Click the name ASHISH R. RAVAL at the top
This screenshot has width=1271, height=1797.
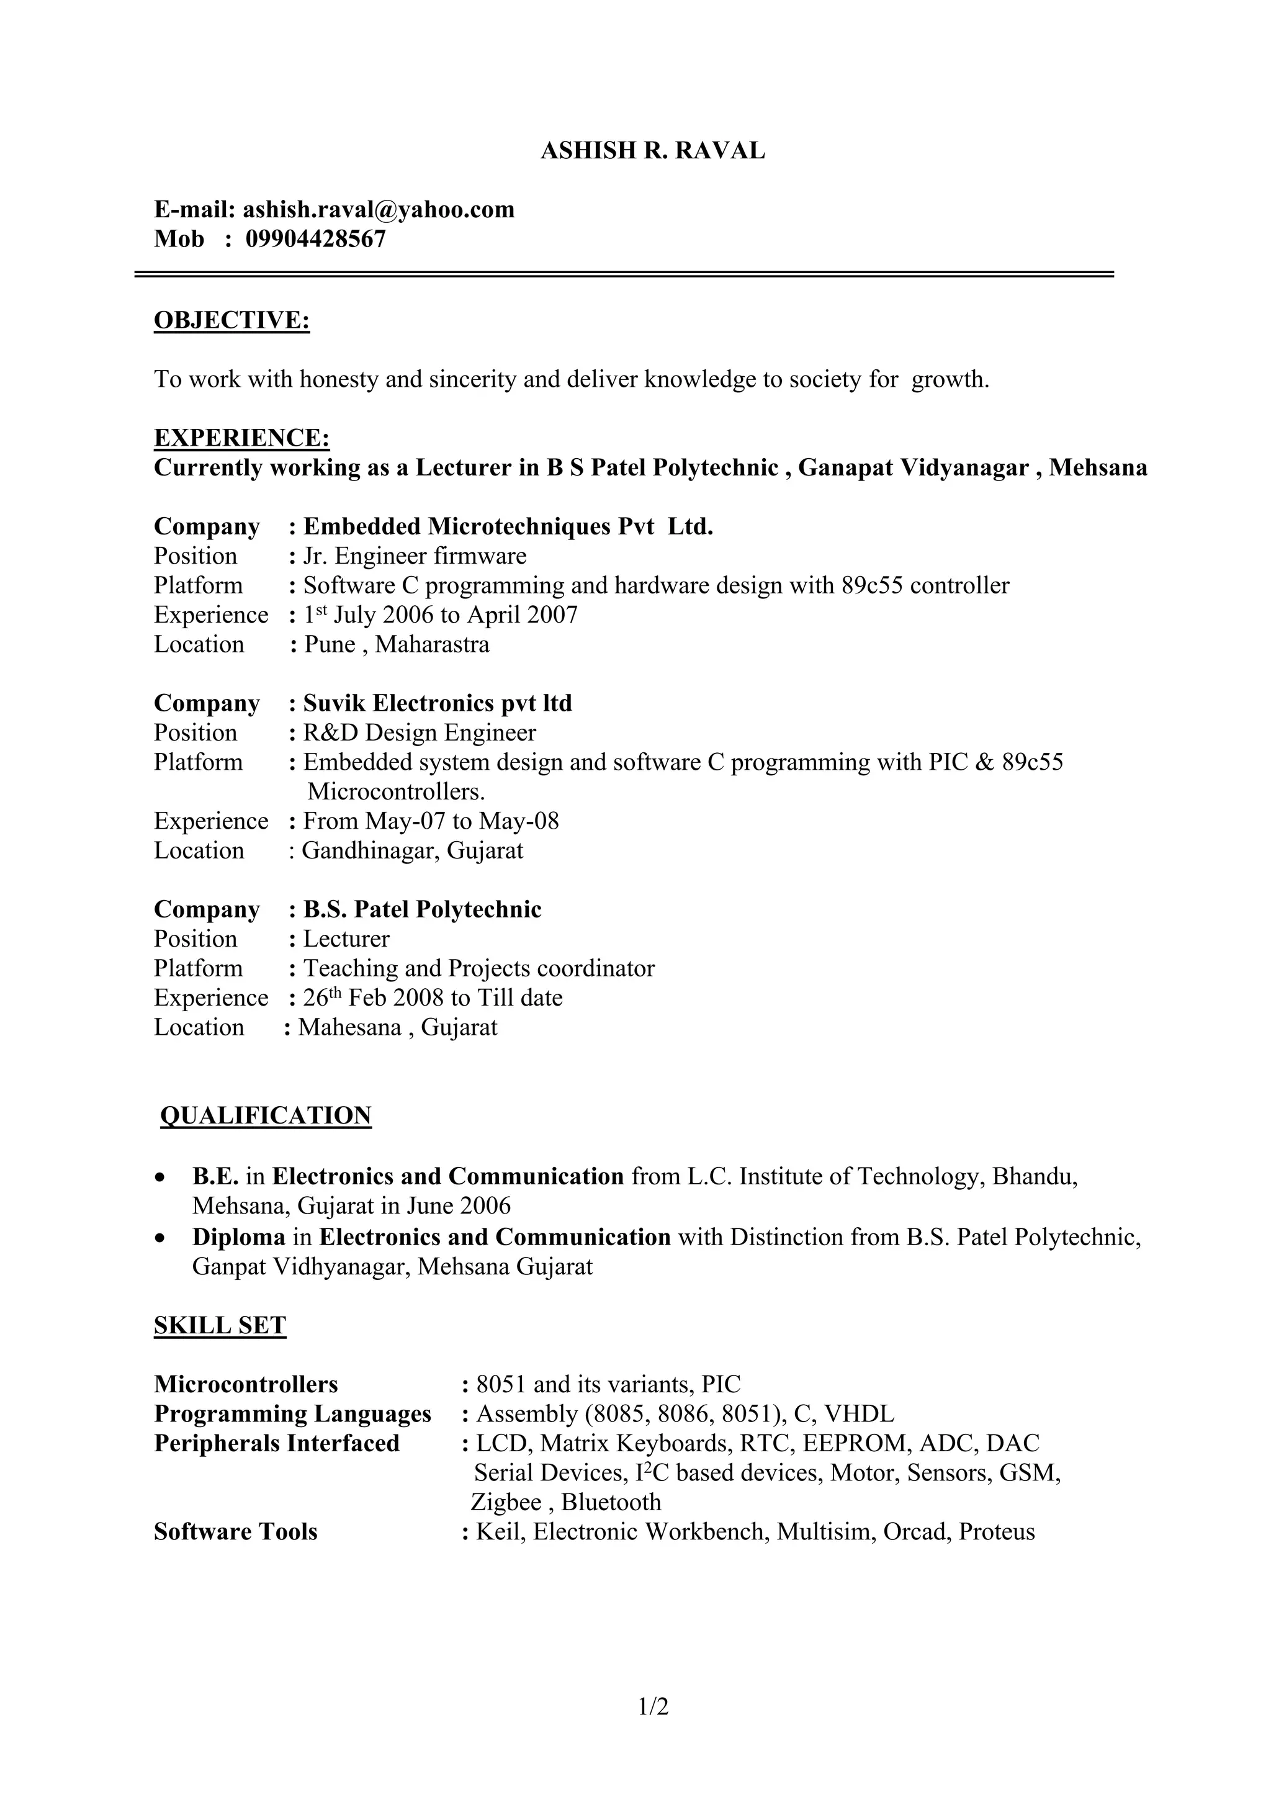pos(653,150)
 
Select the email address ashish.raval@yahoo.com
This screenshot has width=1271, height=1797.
pos(378,210)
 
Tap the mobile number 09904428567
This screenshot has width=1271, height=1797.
pos(315,239)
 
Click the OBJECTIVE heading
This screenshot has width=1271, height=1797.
pos(231,320)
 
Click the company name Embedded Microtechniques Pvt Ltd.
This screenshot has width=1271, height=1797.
pos(508,527)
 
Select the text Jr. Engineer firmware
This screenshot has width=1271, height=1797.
pos(415,556)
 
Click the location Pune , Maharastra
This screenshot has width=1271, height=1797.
pos(396,645)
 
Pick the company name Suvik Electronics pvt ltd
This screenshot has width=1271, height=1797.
pos(438,704)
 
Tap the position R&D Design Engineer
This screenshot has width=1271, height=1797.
pos(420,733)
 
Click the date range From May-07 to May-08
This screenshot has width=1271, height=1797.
pos(431,822)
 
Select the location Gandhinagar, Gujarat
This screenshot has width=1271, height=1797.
pos(413,851)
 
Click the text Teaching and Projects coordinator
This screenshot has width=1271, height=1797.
pos(479,969)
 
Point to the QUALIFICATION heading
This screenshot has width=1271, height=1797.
pos(266,1115)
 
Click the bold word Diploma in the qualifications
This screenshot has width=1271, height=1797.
pos(239,1237)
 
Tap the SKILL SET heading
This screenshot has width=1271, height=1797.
pos(220,1326)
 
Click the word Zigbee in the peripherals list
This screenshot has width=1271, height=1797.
pos(506,1503)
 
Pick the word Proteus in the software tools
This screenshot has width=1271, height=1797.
pos(996,1533)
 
